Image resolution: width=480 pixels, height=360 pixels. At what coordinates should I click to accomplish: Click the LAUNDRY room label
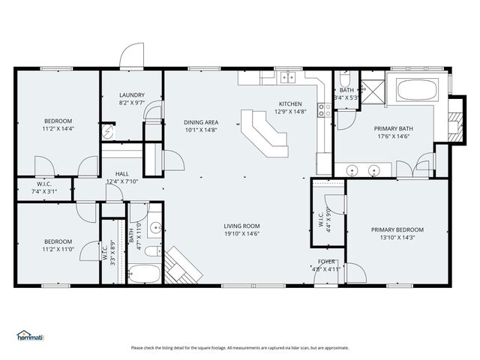click(x=131, y=95)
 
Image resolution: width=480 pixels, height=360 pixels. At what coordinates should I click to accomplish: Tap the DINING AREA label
click(x=200, y=121)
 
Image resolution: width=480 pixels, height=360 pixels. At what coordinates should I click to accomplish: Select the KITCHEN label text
click(x=289, y=103)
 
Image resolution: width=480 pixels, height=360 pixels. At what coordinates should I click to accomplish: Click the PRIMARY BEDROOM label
click(x=397, y=229)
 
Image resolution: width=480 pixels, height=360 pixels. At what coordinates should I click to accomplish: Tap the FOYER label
click(x=325, y=262)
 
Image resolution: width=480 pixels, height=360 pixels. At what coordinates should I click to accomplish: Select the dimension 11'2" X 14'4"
click(x=58, y=128)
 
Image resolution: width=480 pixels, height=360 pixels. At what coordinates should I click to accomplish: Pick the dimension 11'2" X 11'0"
click(x=58, y=248)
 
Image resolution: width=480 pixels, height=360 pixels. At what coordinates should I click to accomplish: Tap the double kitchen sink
click(x=289, y=76)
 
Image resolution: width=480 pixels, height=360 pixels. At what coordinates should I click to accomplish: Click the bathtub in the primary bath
click(x=420, y=91)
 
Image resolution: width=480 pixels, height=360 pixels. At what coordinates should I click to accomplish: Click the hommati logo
click(x=31, y=335)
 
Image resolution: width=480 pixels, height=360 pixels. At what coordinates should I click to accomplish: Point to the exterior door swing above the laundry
click(x=132, y=56)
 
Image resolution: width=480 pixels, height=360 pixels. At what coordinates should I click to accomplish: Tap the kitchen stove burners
click(x=323, y=111)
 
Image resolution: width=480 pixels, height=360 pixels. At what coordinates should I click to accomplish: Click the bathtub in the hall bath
click(x=144, y=272)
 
